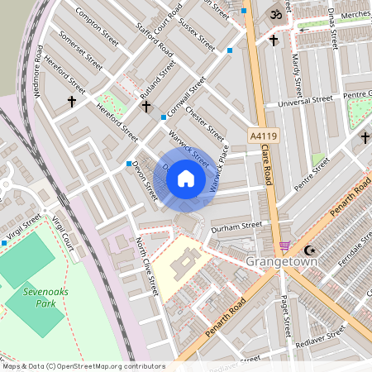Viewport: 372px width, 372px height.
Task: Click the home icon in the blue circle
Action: coord(186,179)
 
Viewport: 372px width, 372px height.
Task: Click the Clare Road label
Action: coord(266,165)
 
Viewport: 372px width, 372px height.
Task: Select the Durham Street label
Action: coord(236,225)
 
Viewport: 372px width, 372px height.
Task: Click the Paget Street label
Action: coord(284,310)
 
